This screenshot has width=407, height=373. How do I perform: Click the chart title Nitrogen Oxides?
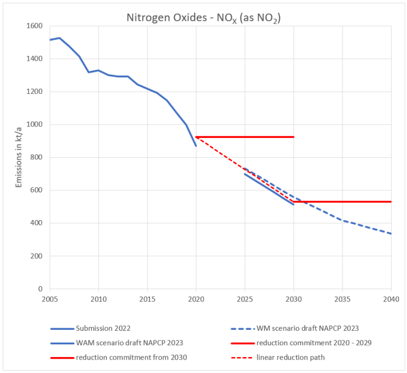203,17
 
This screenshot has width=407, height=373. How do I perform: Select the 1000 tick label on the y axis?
34,125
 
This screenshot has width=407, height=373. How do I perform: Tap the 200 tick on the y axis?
36,256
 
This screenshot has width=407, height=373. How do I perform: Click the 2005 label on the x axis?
49,299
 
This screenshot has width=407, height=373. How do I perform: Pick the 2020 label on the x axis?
196,299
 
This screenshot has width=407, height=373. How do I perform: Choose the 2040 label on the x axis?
391,299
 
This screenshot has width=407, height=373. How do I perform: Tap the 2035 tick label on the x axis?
342,299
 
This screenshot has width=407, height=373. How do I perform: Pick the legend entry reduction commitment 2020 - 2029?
314,342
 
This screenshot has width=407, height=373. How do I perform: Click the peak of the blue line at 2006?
60,38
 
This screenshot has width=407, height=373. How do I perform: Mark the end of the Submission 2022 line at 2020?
196,145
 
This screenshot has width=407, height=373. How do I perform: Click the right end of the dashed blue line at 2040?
391,233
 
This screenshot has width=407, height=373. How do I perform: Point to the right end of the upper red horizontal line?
294,137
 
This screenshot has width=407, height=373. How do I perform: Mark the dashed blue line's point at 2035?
342,220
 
